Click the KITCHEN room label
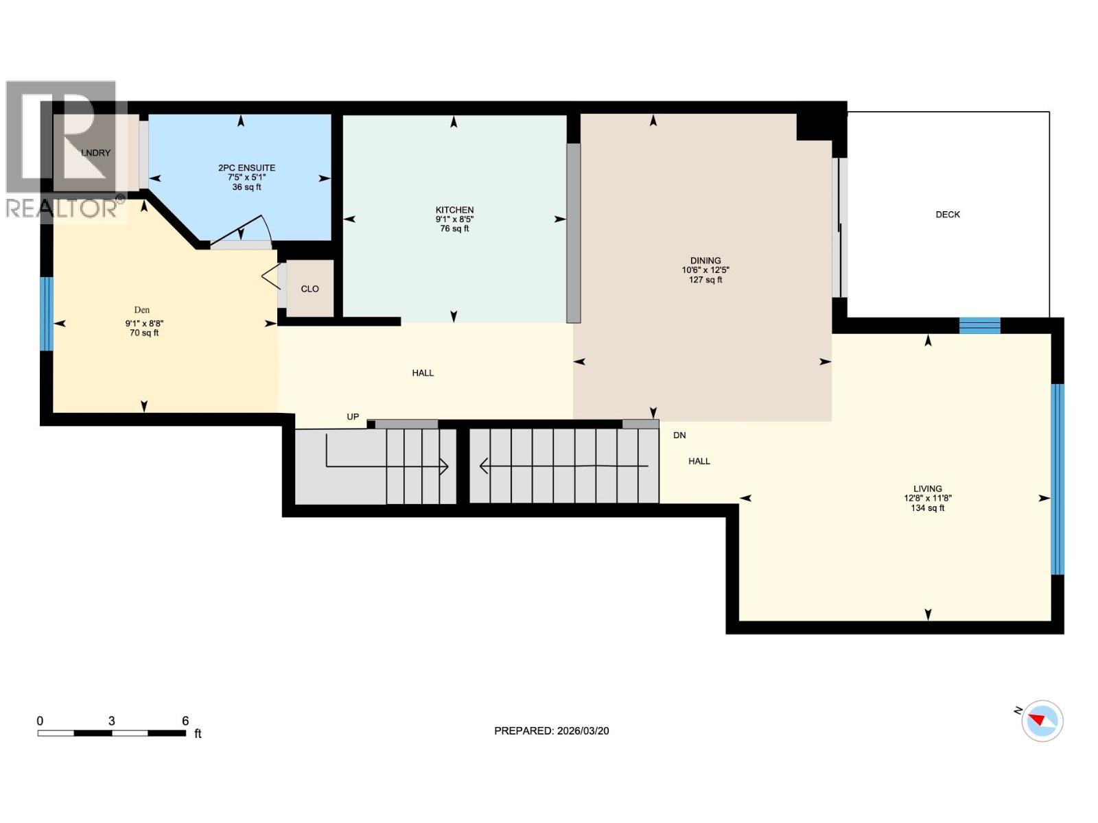click(454, 210)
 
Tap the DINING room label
click(705, 261)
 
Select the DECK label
click(948, 215)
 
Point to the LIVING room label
click(927, 489)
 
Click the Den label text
click(142, 310)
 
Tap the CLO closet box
click(309, 289)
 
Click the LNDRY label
click(95, 153)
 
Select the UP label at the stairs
click(353, 416)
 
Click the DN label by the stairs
click(679, 436)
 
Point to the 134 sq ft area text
click(927, 508)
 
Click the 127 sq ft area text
click(705, 280)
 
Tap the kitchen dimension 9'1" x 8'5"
click(454, 219)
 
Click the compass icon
click(1042, 721)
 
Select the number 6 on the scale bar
click(185, 721)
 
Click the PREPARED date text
click(551, 731)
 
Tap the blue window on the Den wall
click(46, 313)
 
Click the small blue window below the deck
click(979, 325)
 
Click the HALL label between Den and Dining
click(423, 373)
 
